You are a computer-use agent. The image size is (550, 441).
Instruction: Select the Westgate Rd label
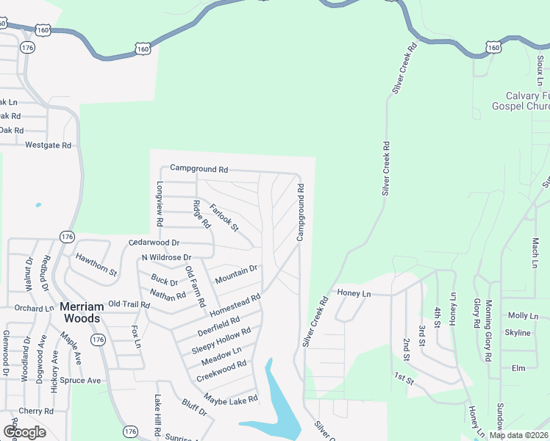pos(48,146)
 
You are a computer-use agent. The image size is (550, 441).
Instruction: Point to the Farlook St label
pos(224,218)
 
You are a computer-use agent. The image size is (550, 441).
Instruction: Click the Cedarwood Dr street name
pos(154,242)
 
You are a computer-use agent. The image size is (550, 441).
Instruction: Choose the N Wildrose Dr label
pos(166,258)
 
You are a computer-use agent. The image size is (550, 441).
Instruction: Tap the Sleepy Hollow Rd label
pos(221,340)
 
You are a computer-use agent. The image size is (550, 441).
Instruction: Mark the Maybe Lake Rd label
pos(231,400)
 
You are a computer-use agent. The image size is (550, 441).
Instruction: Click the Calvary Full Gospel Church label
pos(527,101)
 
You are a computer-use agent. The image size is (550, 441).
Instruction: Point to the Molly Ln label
pos(523,315)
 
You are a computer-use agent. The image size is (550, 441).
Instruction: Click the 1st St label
pos(404,379)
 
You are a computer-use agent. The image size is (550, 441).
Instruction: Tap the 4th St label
pos(439,320)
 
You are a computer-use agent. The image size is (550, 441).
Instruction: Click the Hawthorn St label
pos(96,264)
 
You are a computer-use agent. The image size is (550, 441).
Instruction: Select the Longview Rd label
pos(159,204)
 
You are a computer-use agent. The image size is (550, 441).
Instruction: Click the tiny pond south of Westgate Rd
pos(38,205)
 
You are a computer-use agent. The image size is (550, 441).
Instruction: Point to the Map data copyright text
pos(518,435)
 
